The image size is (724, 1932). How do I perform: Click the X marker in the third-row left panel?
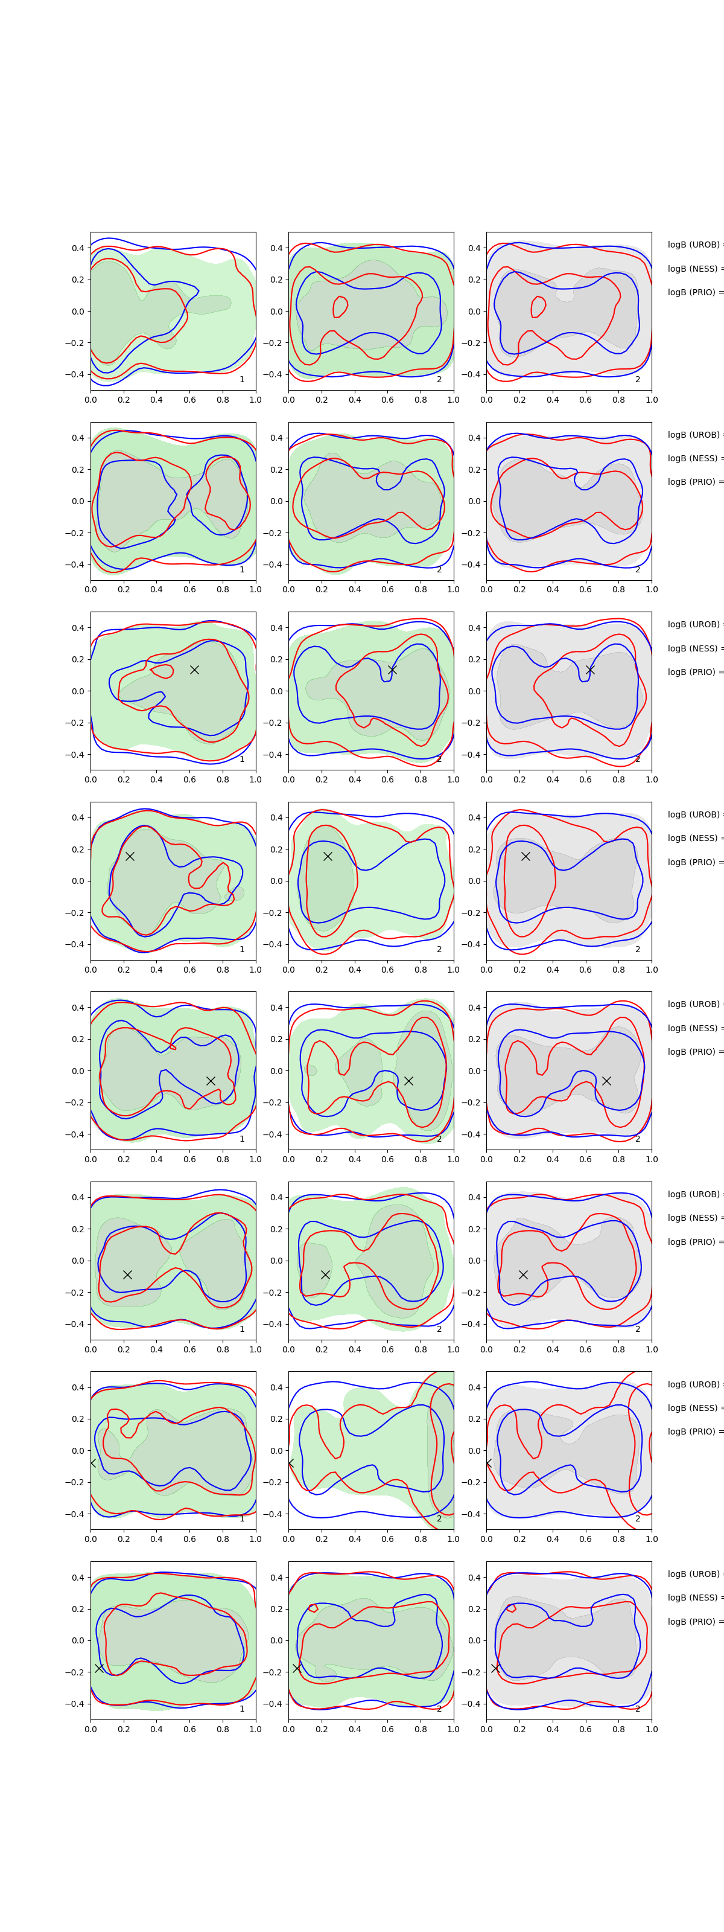194,670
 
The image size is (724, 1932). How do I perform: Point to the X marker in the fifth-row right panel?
606,1081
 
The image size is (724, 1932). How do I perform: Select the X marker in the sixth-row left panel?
127,1275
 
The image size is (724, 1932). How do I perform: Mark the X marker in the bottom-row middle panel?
297,1668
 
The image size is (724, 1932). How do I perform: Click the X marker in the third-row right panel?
590,669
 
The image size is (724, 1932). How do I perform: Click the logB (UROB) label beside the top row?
693,245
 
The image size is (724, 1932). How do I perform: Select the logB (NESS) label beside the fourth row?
693,838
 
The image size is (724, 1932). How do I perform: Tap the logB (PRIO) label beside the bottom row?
693,1622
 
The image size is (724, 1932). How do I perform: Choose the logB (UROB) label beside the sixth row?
693,1194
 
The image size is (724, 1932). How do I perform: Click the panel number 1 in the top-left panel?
242,380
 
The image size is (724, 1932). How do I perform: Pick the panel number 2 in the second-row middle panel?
439,569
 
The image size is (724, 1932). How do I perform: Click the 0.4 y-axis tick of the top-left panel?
77,248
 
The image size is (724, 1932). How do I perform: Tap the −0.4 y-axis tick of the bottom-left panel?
75,1704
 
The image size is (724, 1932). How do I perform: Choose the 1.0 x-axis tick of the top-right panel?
652,400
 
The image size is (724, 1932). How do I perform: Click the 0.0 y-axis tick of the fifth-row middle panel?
276,1071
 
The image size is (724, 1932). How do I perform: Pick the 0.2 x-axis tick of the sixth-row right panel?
519,1349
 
